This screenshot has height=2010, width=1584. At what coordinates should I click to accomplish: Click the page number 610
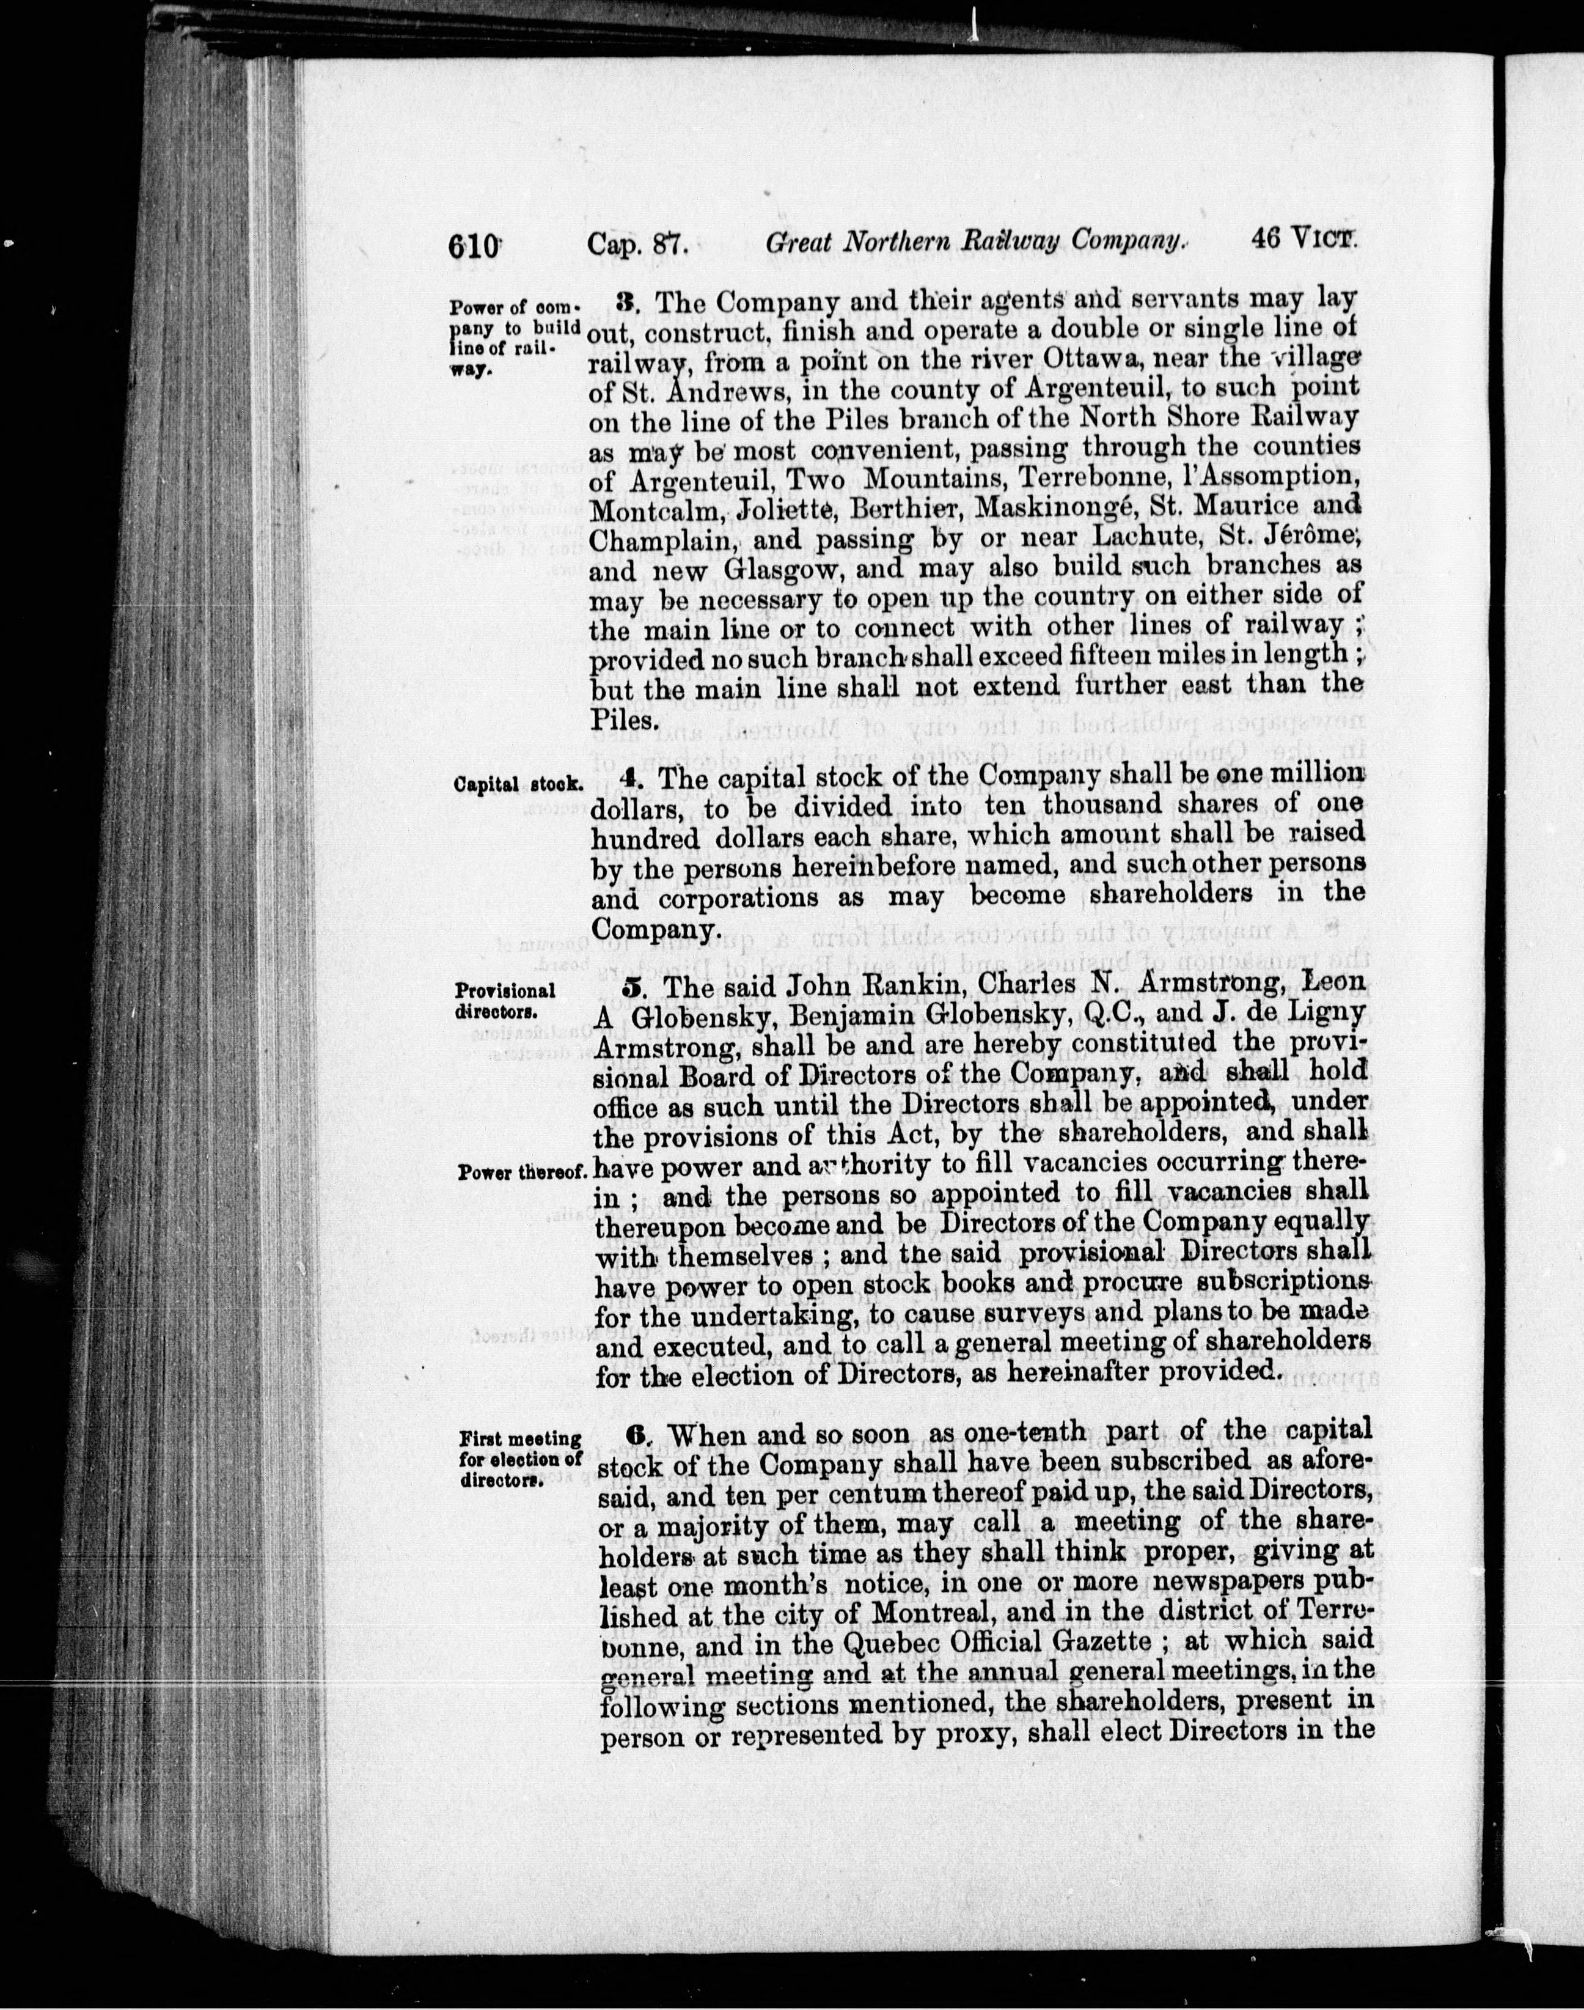[x=474, y=247]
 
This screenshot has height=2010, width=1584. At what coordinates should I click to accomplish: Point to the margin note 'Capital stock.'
[x=518, y=784]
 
